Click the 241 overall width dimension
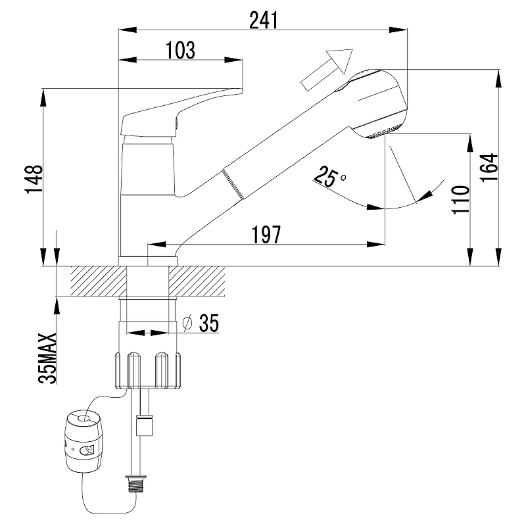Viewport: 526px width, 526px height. (264, 20)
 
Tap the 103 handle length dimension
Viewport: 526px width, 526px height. (180, 51)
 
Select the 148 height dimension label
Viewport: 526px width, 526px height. (34, 179)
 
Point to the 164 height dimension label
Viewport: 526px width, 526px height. (489, 168)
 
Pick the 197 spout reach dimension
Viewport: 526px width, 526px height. (266, 235)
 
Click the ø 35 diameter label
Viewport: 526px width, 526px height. (201, 323)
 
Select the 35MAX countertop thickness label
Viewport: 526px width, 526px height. (47, 358)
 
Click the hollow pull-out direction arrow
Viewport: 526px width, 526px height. (327, 70)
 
